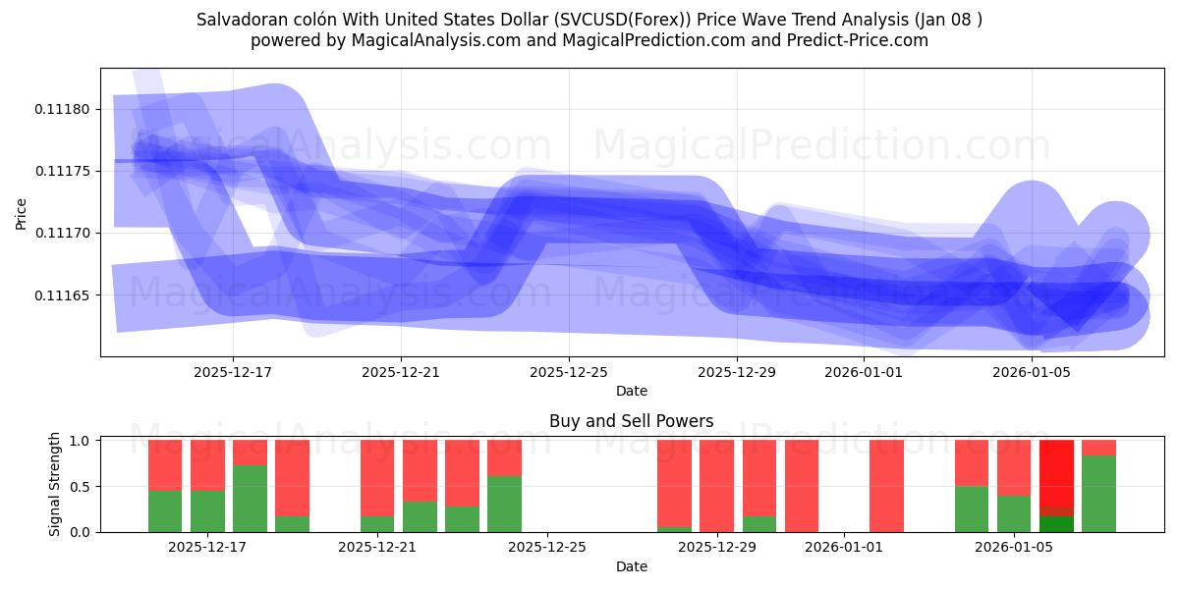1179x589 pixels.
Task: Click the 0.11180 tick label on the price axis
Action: coord(62,109)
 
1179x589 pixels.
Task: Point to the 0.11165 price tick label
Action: coord(62,295)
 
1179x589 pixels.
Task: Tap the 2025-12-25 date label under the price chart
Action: coord(569,372)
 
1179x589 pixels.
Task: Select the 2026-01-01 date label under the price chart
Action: coord(863,372)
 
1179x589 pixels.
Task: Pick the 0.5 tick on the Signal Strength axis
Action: coord(81,487)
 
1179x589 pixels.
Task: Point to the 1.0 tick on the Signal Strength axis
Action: coord(81,441)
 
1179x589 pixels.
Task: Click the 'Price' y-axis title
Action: coord(22,212)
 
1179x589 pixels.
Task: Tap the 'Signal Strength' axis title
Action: coord(55,484)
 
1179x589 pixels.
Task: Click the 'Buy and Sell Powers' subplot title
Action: coord(631,421)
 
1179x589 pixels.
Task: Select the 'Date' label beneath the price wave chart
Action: coord(631,391)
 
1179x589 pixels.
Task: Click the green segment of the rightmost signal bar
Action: coord(1098,494)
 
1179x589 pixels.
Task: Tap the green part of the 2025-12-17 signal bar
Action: coord(207,510)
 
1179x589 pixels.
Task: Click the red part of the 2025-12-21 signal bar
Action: coord(377,478)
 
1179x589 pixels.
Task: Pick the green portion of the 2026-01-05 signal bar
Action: coord(1014,513)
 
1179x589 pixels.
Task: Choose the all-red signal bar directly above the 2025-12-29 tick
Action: coord(716,486)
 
